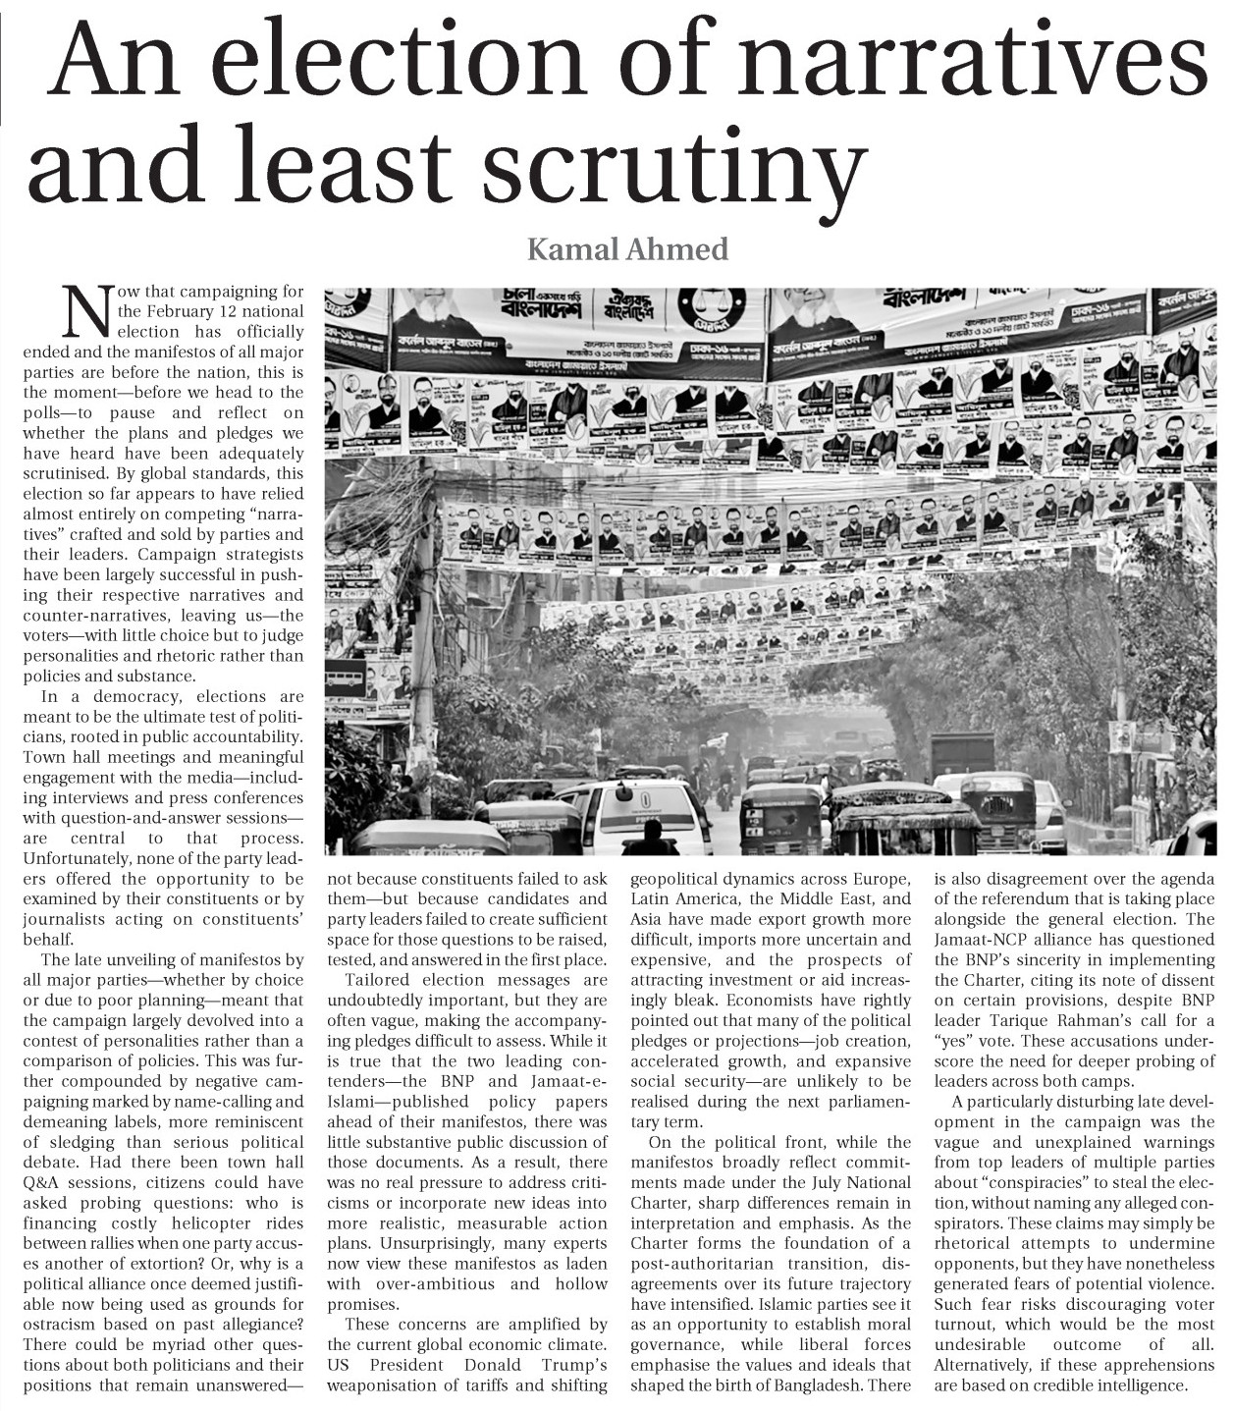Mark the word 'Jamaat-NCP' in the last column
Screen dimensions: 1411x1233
(976, 940)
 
